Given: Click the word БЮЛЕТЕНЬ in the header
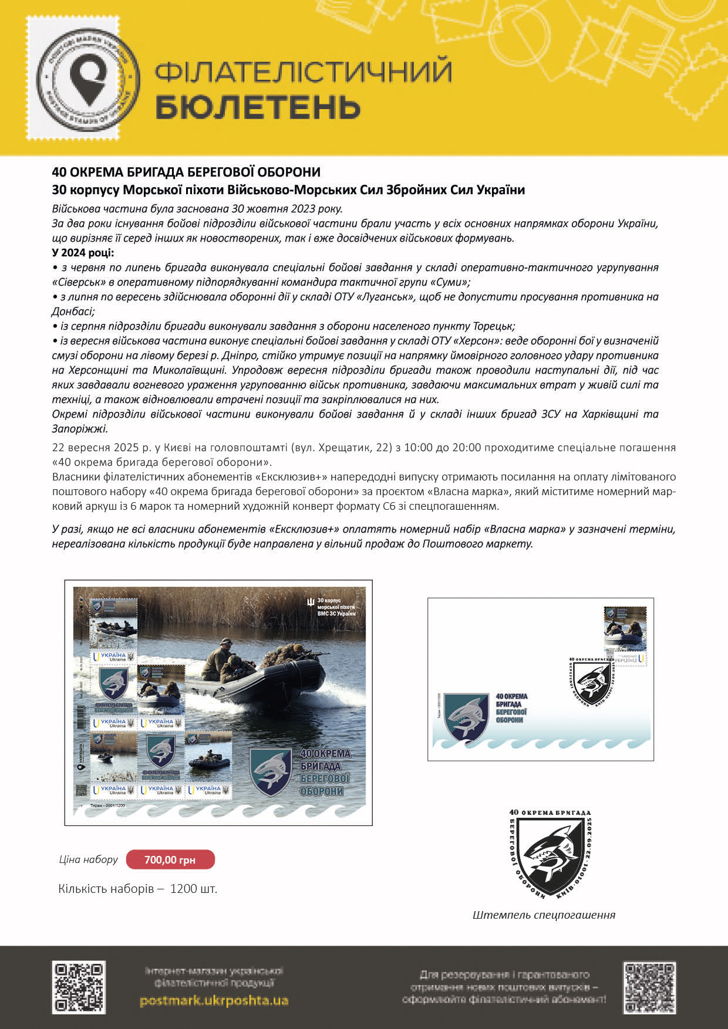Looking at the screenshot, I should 258,107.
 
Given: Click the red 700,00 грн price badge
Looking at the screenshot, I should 170,860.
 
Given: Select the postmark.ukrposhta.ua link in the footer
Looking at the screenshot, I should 214,1000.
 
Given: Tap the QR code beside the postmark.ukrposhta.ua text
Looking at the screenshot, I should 79,987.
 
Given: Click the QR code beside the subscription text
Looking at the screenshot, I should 649,988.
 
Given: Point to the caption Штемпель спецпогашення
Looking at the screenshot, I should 544,915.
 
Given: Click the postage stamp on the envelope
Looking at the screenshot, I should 625,636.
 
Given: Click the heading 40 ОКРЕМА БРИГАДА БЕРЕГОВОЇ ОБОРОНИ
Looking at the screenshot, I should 186,172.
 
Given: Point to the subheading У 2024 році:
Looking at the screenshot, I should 83,252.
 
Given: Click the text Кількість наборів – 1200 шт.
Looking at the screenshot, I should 138,888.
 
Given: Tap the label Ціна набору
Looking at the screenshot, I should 88,859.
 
